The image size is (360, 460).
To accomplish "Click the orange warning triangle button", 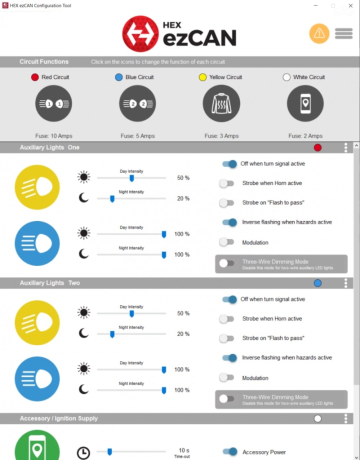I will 319,33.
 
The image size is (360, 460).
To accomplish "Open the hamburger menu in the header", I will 343,33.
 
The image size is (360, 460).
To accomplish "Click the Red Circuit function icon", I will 54,103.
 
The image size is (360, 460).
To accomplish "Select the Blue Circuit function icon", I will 137,103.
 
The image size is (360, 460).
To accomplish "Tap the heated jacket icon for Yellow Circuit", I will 221,103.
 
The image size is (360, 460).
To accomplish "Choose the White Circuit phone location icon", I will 305,103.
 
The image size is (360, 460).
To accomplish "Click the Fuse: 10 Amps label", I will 54,136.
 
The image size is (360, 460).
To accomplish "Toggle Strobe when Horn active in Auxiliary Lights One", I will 227,183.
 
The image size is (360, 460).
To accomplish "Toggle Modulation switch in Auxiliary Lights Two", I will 227,378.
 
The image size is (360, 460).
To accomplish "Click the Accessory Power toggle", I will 230,452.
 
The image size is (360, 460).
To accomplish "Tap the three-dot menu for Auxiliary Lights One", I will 345,147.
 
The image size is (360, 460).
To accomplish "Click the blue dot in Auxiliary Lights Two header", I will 317,283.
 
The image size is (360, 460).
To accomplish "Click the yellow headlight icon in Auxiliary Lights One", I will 37,187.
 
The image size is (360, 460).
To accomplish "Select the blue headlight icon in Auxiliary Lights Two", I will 37,379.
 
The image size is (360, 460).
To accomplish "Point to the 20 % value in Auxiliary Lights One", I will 183,198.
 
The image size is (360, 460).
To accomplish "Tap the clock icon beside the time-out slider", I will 83,453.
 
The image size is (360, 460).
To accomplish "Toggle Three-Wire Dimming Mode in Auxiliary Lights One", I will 227,263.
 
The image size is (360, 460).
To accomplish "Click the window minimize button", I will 315,5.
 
